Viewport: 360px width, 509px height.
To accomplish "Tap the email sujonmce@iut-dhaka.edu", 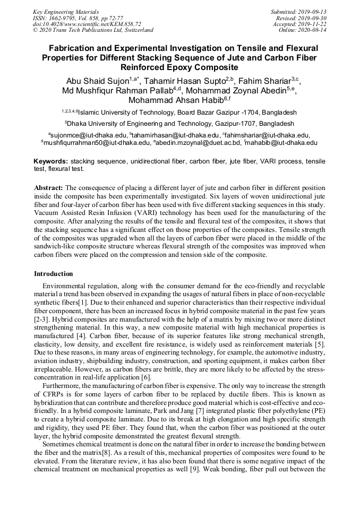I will click(x=88, y=135).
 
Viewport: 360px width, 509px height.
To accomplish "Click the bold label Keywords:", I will click(x=51, y=161).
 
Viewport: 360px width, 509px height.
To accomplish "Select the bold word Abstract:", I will click(x=49, y=188).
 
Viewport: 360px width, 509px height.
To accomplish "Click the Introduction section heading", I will click(x=54, y=274).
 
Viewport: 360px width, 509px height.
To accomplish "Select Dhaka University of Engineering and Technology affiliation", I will click(x=179, y=123).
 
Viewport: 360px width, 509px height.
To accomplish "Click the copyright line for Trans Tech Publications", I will click(x=93, y=30).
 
